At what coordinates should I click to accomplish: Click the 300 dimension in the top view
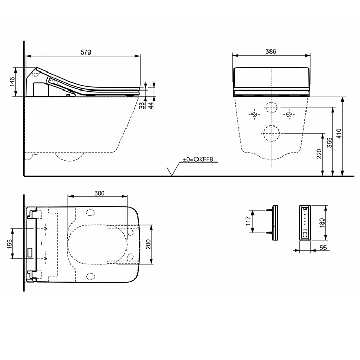(x=99, y=193)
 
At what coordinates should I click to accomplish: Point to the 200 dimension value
(x=149, y=245)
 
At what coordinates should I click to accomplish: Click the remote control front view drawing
(x=305, y=222)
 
